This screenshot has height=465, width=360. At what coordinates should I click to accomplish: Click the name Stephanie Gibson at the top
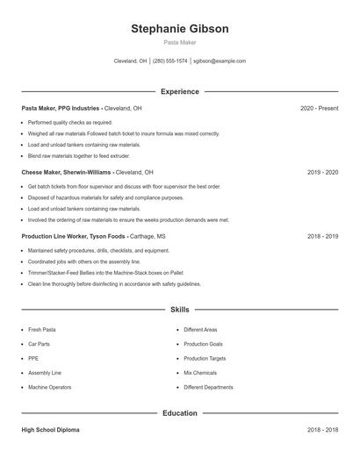tap(180, 29)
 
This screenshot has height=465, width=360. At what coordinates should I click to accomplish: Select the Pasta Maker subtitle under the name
tap(180, 42)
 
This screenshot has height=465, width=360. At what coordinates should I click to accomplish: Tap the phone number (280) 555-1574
tap(170, 61)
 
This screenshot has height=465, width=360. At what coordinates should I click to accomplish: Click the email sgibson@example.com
tap(220, 61)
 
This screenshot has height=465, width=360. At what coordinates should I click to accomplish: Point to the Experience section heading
tap(180, 91)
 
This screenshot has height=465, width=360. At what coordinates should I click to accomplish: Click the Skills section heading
tap(180, 310)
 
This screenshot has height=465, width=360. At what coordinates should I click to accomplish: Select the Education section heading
tap(180, 413)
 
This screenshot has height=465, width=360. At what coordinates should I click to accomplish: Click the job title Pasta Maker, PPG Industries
tap(61, 108)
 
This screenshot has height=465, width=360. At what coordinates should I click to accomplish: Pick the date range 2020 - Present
tap(319, 108)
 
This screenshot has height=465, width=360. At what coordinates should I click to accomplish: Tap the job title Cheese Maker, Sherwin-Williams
tap(67, 173)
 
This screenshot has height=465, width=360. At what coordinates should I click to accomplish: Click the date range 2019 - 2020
tap(322, 173)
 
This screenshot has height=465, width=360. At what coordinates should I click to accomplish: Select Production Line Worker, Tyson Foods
tap(74, 237)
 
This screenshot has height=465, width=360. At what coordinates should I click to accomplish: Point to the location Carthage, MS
tap(148, 237)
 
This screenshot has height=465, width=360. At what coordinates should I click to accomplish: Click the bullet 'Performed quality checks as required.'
tap(70, 122)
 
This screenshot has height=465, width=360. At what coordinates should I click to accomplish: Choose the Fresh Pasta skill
tap(42, 330)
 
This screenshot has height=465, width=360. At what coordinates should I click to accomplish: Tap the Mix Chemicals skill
tap(201, 373)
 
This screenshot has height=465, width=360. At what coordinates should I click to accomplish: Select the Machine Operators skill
tap(50, 387)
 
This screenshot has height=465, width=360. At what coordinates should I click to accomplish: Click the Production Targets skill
tap(205, 358)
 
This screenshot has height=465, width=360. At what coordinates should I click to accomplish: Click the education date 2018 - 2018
tap(322, 430)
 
